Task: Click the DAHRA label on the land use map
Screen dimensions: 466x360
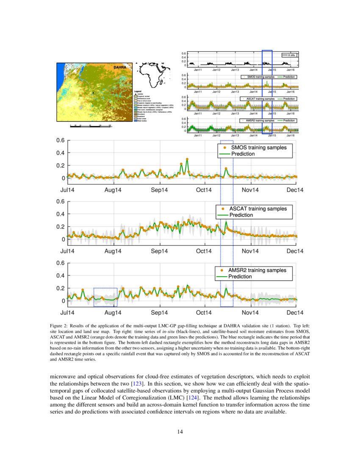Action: click(119, 67)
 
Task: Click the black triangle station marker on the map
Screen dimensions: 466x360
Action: click(93, 92)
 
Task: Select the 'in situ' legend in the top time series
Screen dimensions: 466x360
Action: click(290, 55)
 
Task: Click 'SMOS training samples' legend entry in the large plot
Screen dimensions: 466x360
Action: click(258, 147)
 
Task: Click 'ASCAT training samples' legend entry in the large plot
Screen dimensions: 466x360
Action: click(258, 209)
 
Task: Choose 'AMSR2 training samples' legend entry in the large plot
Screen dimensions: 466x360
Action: click(257, 270)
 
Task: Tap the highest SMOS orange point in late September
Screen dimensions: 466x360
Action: click(187, 159)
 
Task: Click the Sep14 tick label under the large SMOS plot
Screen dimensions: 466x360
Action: click(159, 190)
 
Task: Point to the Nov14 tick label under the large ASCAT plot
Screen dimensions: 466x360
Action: click(250, 251)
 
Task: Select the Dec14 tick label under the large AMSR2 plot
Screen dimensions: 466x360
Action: click(295, 313)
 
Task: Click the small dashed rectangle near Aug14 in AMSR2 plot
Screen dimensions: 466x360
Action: click(105, 297)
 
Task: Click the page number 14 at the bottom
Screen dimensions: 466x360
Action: click(180, 432)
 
